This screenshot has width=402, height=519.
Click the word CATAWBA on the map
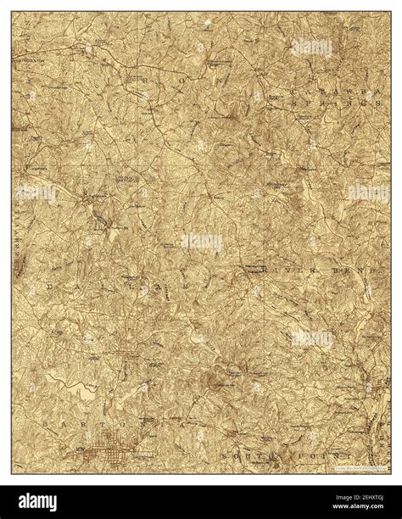pos(326,88)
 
